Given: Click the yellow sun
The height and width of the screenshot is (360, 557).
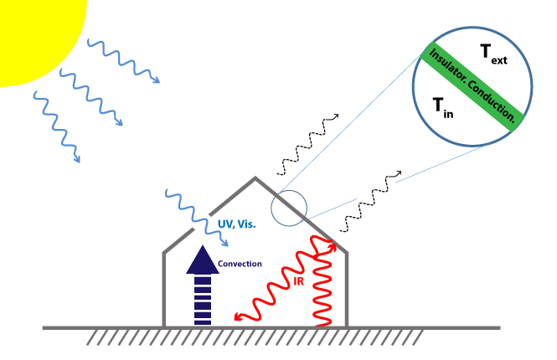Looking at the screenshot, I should click(34, 29).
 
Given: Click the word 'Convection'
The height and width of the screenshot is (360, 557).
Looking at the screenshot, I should click(240, 264).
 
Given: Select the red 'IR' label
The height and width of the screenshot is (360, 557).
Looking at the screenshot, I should click(298, 283).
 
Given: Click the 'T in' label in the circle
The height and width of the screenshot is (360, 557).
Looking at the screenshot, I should click(443, 106).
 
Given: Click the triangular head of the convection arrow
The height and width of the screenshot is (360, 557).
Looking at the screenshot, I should click(203, 260).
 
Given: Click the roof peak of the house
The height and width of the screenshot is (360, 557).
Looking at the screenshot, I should click(255, 178).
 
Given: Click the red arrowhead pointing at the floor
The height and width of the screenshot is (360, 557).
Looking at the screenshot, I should click(240, 317).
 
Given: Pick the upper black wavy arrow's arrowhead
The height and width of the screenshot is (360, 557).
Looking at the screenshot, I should click(337, 116).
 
